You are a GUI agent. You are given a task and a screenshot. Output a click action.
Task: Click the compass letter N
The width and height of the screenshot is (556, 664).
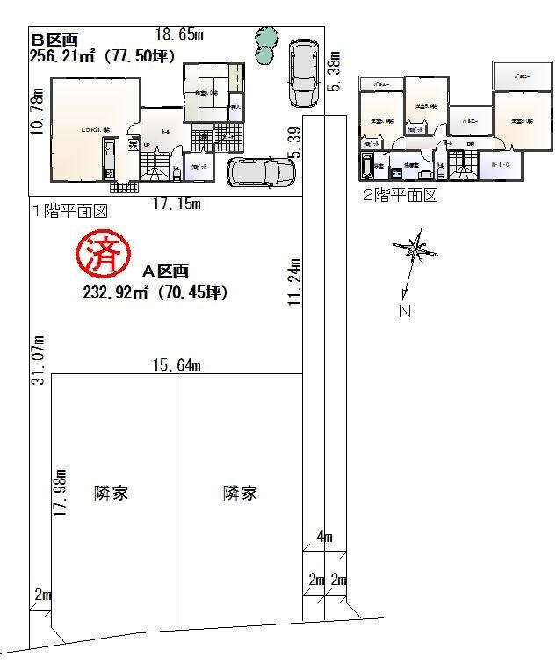(x=405, y=310)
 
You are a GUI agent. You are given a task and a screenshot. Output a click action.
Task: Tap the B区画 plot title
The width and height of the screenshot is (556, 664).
(x=55, y=40)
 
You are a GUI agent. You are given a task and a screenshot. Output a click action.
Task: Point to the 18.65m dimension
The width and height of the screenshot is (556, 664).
(x=179, y=34)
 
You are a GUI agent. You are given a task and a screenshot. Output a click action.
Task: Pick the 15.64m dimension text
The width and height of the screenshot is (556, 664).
(x=177, y=364)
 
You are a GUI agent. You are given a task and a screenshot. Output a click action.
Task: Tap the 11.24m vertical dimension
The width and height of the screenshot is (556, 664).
(x=296, y=281)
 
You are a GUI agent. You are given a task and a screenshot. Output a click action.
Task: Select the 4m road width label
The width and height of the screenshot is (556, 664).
(x=324, y=537)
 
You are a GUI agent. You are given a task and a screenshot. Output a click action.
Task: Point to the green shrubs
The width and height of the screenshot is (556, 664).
(x=264, y=46)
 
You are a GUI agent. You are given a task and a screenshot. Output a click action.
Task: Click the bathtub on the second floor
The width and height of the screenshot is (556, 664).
(x=366, y=166)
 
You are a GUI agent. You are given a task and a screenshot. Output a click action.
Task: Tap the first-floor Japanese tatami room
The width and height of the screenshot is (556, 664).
(x=206, y=92)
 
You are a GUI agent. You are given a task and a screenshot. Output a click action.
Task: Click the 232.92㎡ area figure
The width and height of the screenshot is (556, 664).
(x=114, y=293)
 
